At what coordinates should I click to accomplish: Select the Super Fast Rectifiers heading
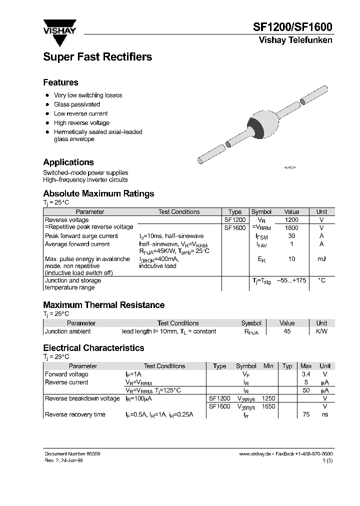[x=97, y=57]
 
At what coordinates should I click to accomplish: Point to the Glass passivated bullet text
[x=77, y=104]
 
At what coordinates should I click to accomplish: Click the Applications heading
[x=68, y=162]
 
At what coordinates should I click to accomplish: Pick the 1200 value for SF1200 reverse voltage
[x=291, y=220]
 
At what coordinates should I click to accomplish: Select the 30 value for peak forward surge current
[x=291, y=236]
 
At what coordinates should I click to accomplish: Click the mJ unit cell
[x=321, y=259]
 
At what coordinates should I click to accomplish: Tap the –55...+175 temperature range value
[x=291, y=281]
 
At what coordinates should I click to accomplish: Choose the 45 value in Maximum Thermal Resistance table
[x=287, y=331]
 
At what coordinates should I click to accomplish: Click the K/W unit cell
[x=321, y=331]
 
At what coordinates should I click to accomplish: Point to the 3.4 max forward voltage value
[x=306, y=374]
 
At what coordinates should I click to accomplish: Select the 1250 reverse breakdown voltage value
[x=268, y=398]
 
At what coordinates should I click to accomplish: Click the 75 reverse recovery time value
[x=306, y=414]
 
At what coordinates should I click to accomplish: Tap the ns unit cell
[x=325, y=414]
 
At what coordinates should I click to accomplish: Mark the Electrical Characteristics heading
[x=93, y=348]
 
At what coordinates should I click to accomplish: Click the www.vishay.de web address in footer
[x=255, y=453]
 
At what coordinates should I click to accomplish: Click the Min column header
[x=268, y=366]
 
